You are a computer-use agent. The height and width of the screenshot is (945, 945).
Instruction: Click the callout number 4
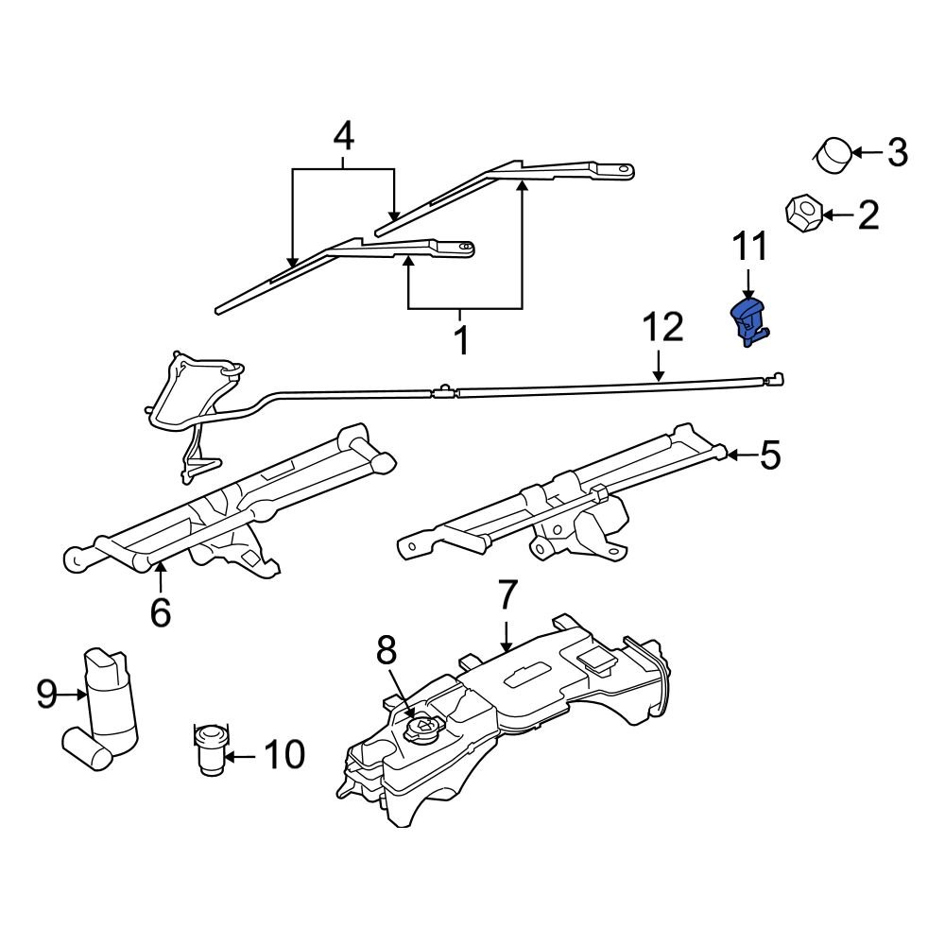click(x=343, y=138)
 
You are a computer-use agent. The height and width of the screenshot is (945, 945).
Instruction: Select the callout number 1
click(x=462, y=338)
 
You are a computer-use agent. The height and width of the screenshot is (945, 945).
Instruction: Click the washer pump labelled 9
click(x=110, y=699)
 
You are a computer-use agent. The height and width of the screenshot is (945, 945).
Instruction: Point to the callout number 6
click(x=161, y=612)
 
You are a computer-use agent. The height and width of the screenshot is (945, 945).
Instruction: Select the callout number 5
click(x=770, y=456)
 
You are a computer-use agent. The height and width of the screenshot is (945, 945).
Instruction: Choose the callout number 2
click(x=867, y=216)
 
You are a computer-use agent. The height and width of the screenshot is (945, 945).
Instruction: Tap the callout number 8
click(x=387, y=651)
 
